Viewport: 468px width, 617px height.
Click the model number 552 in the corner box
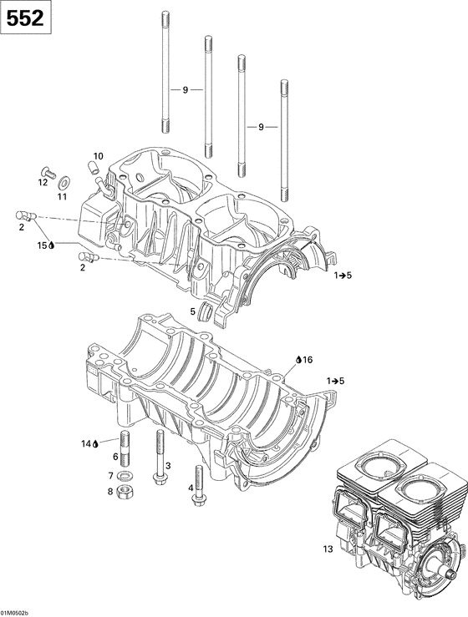(26, 19)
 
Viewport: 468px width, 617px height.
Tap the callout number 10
(98, 156)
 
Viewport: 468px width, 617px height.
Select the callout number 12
(42, 181)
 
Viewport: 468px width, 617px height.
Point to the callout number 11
(62, 196)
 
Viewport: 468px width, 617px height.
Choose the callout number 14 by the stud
(87, 443)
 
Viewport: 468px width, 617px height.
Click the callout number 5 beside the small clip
(192, 311)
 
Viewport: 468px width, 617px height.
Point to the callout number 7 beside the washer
(110, 475)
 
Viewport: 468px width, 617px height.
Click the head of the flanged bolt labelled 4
(199, 498)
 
